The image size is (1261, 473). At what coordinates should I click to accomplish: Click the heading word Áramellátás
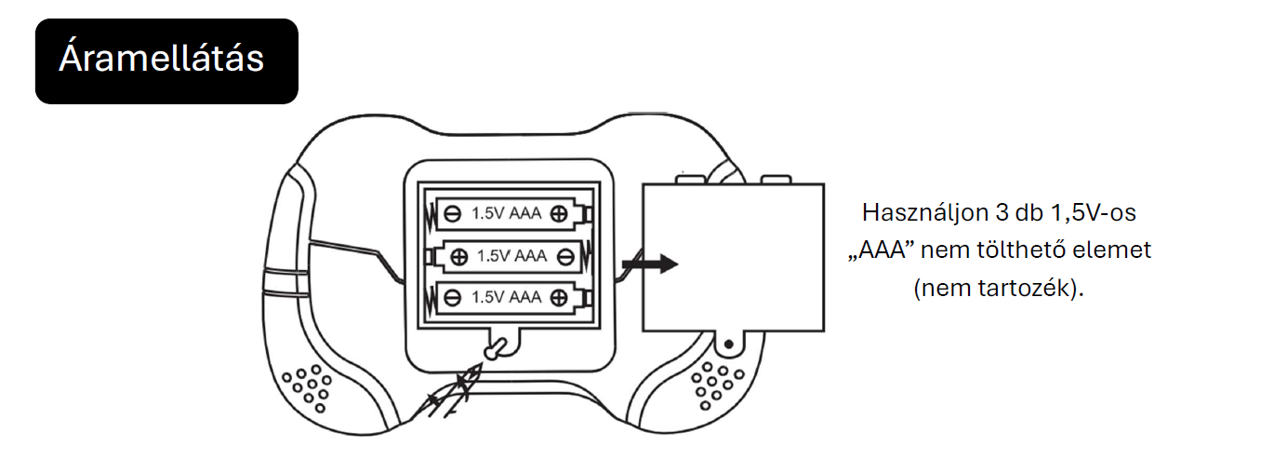pyautogui.click(x=161, y=58)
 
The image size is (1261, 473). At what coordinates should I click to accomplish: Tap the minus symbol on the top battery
pyautogui.click(x=452, y=213)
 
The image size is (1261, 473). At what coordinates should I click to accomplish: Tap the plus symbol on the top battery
pyautogui.click(x=559, y=213)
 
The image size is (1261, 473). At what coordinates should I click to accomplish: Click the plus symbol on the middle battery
pyautogui.click(x=459, y=257)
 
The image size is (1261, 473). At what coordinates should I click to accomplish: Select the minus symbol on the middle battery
pyautogui.click(x=565, y=257)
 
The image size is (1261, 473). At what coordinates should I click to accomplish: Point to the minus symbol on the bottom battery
pyautogui.click(x=452, y=298)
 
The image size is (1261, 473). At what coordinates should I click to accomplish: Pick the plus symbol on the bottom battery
pyautogui.click(x=559, y=298)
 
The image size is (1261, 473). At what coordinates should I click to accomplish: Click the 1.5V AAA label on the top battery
pyautogui.click(x=506, y=213)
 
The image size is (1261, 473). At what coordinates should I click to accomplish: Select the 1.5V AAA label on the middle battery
pyautogui.click(x=511, y=256)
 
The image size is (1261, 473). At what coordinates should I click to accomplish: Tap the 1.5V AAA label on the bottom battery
pyautogui.click(x=506, y=297)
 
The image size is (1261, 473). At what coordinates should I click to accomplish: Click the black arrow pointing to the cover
pyautogui.click(x=650, y=264)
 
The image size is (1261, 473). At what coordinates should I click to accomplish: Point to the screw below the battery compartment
pyautogui.click(x=495, y=349)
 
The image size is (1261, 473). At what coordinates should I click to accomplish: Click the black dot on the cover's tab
pyautogui.click(x=728, y=344)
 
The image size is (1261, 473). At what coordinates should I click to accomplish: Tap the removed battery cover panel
pyautogui.click(x=733, y=258)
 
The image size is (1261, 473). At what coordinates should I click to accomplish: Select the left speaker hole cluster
pyautogui.click(x=307, y=388)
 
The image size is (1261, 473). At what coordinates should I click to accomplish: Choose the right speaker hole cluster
pyautogui.click(x=717, y=385)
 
